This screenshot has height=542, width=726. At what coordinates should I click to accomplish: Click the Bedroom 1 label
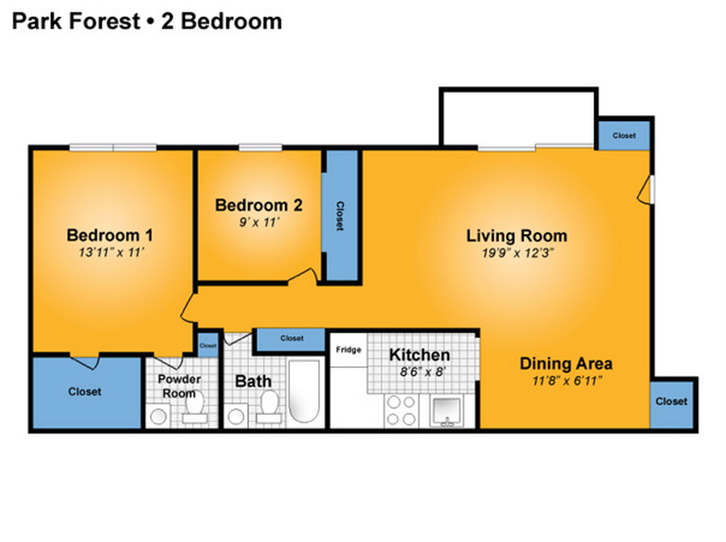pos(110,234)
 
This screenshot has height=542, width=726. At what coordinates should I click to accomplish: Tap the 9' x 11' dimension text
pos(258,222)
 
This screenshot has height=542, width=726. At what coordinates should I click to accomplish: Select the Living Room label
pos(516,236)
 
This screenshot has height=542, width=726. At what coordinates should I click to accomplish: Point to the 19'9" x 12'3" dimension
pos(516,252)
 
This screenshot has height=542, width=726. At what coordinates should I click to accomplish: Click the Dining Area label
pos(566,364)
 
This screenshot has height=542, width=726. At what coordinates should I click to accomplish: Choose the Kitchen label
pos(419,355)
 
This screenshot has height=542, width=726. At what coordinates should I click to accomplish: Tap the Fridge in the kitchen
pos(348,350)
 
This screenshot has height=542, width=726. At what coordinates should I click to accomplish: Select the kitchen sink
pos(446,410)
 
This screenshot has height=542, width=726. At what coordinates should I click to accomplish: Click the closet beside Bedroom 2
pos(340,216)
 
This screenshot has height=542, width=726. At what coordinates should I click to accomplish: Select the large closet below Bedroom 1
pos(85,392)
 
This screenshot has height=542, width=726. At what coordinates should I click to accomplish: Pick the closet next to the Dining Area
pos(671,401)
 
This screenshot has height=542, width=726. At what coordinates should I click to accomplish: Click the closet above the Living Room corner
pos(624,136)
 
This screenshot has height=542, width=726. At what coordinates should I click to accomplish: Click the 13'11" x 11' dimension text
pos(110,252)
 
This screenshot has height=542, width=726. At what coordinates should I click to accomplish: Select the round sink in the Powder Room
pos(158,415)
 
